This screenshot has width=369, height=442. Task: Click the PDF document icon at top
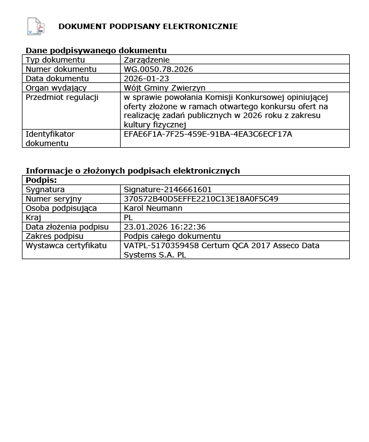tap(35, 26)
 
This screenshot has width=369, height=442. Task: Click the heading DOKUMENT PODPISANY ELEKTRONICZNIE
tap(148, 26)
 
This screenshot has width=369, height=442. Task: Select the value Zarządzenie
tap(147, 60)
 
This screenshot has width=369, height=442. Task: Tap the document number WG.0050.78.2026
tap(158, 69)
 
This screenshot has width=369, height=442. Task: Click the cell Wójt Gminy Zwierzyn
tap(164, 88)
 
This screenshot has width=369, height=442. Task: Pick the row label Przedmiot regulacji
tap(62, 97)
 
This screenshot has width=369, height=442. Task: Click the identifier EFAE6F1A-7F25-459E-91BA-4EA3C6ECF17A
tap(208, 134)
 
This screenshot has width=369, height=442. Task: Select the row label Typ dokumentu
tap(55, 60)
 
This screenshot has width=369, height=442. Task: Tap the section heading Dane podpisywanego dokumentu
tap(96, 51)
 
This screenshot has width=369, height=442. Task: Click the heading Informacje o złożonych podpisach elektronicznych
tap(133, 171)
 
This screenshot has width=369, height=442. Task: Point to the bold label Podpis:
tap(41, 180)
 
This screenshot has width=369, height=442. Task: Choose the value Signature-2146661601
tap(168, 189)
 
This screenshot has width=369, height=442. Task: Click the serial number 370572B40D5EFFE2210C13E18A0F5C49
tap(201, 199)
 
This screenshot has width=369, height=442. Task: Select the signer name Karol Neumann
tap(153, 208)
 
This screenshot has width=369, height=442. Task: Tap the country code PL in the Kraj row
tap(129, 217)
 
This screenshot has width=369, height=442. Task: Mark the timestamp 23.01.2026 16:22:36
tap(165, 227)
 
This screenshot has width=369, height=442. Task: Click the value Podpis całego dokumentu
tap(172, 236)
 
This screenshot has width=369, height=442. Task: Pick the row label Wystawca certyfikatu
tap(66, 245)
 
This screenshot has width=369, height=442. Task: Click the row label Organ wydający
tap(56, 88)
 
